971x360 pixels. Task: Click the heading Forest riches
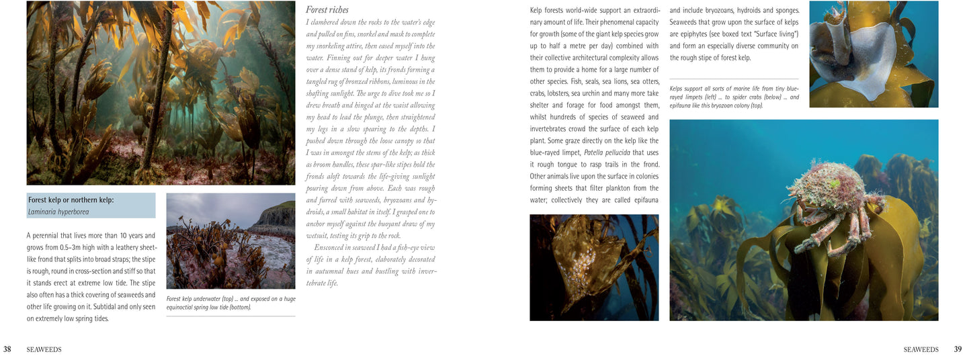click(x=327, y=10)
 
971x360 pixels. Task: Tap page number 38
click(x=7, y=349)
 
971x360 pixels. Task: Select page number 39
click(x=958, y=349)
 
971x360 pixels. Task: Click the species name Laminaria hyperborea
click(x=58, y=212)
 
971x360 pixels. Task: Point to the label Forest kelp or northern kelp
click(x=71, y=200)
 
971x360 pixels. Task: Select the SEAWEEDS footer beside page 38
click(x=44, y=350)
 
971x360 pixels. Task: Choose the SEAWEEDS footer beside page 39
click(x=921, y=350)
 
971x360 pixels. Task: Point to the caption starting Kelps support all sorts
click(x=734, y=97)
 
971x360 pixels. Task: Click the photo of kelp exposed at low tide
click(x=230, y=241)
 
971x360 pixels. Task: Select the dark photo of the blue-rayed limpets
click(x=594, y=267)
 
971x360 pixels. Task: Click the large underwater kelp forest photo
click(x=161, y=93)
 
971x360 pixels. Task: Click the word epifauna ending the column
click(x=642, y=200)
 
